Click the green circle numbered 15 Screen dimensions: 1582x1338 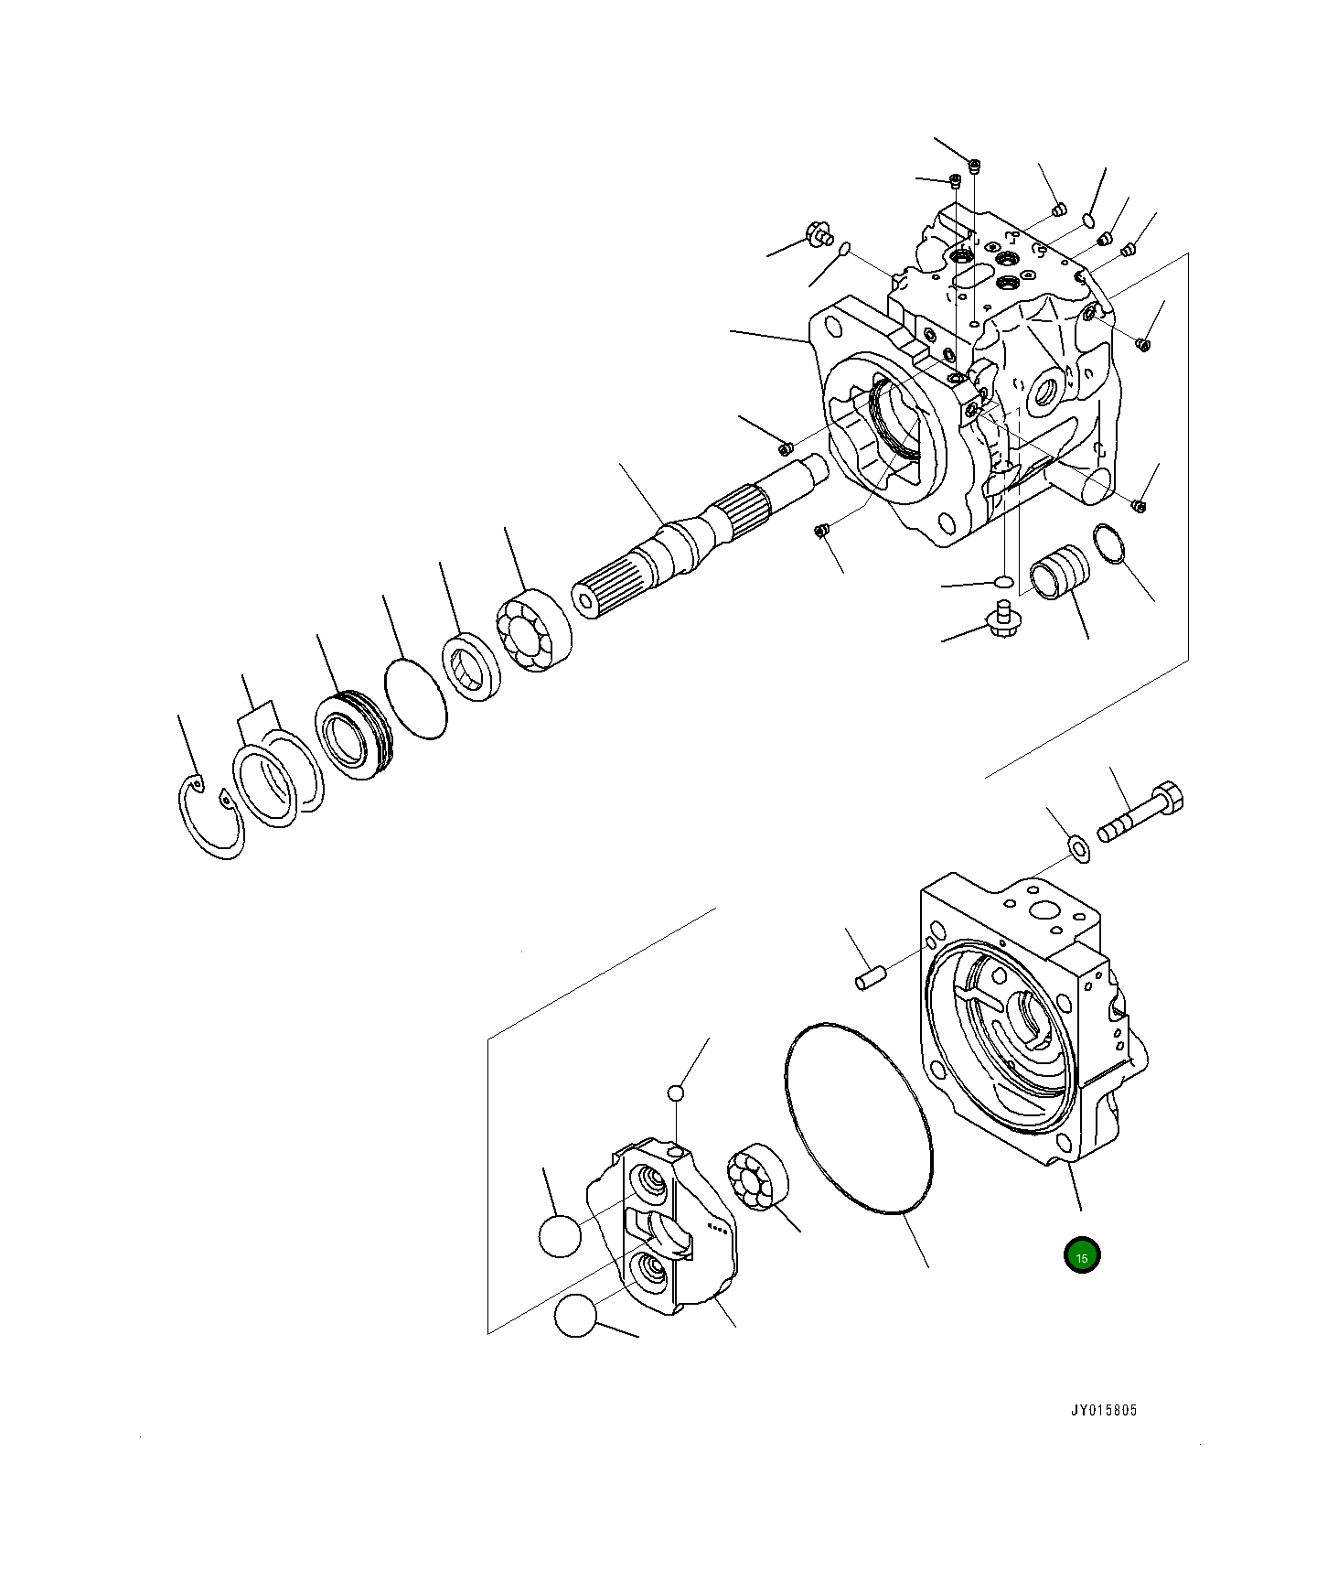[1082, 1256]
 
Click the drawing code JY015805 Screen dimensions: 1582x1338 [1104, 1410]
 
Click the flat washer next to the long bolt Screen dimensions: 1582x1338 [1080, 847]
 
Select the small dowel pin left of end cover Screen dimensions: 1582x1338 [867, 979]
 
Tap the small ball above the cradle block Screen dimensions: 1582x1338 [675, 1092]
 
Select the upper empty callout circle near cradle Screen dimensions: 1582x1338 [560, 1237]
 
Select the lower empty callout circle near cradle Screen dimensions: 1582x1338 [575, 1316]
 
